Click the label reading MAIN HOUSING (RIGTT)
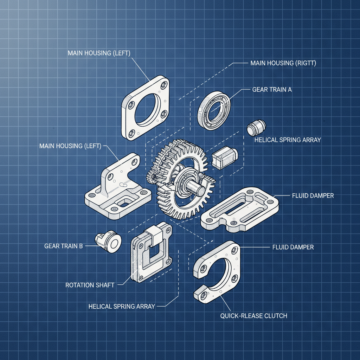(x=283, y=63)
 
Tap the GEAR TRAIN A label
(x=272, y=90)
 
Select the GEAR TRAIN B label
(x=64, y=246)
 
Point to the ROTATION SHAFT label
(x=90, y=285)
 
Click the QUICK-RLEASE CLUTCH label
(x=253, y=316)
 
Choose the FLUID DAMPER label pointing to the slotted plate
(x=313, y=195)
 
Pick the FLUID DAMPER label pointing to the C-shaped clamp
(x=293, y=247)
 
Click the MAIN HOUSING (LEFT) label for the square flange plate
(x=99, y=53)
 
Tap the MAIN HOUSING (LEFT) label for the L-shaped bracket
(x=70, y=146)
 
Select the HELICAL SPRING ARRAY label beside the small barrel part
(x=287, y=140)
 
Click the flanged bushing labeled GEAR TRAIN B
(x=109, y=242)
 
